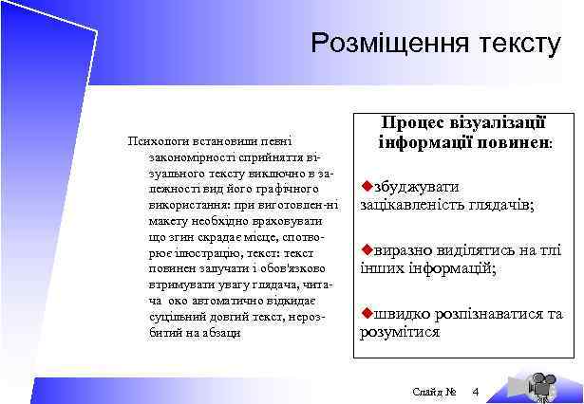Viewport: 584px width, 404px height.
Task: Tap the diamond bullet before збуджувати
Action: click(x=366, y=186)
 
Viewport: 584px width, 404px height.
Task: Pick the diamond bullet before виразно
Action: click(x=366, y=249)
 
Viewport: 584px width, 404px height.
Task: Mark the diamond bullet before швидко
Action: click(x=366, y=313)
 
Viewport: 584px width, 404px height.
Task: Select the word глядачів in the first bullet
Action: click(x=500, y=205)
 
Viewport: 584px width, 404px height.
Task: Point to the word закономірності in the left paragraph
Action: click(x=183, y=156)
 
